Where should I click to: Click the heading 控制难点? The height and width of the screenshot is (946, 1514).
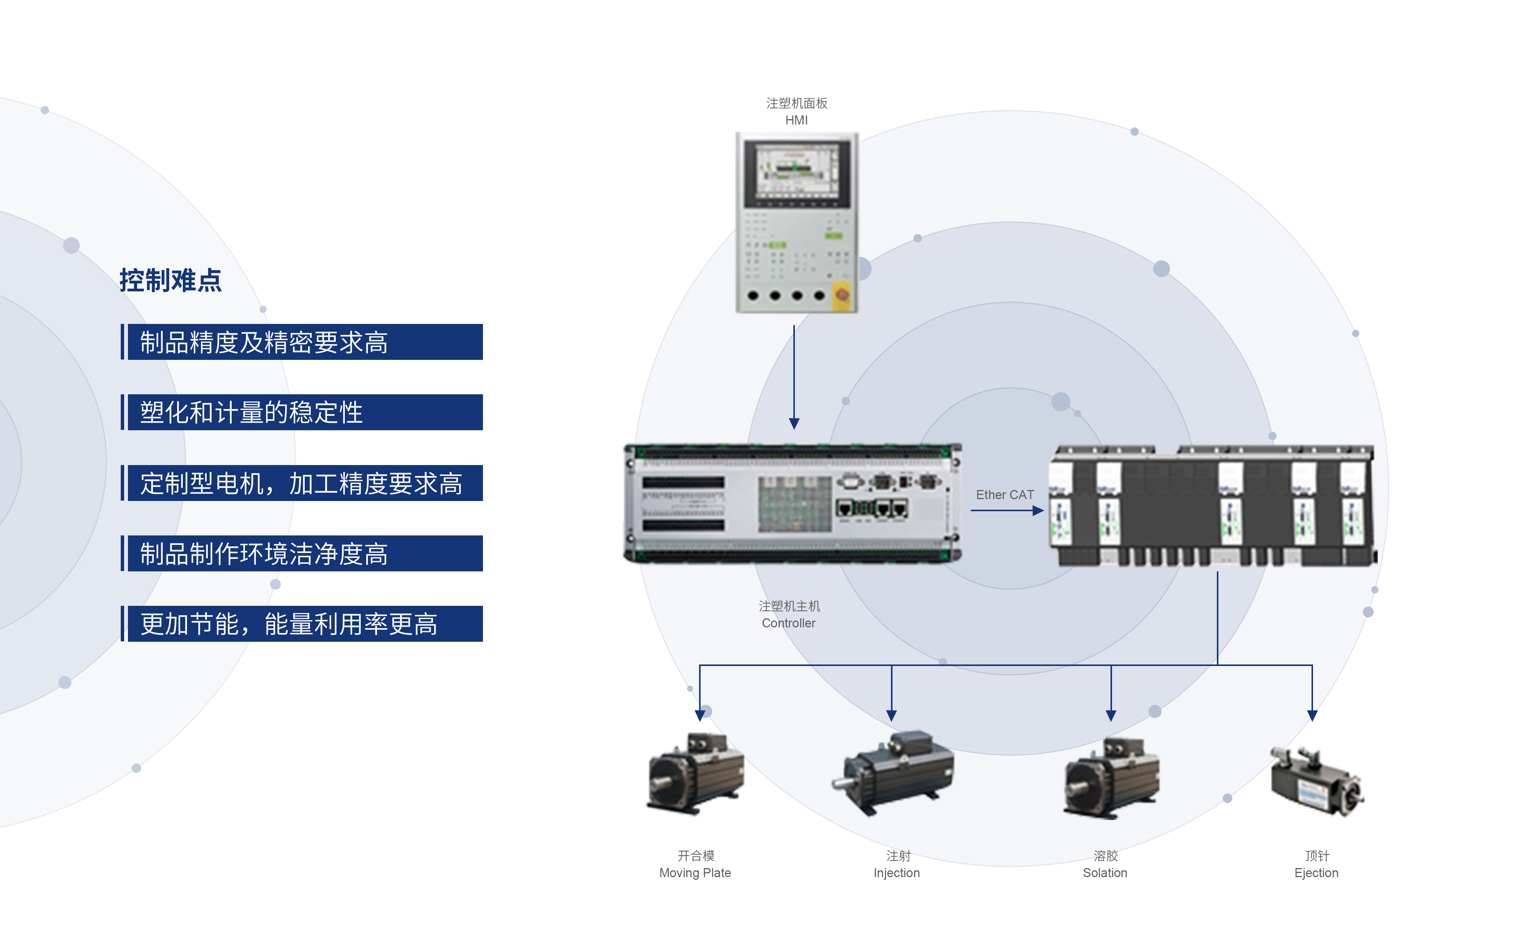click(x=170, y=280)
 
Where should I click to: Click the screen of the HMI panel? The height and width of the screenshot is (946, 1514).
click(x=796, y=170)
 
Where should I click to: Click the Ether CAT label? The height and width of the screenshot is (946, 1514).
click(x=1005, y=495)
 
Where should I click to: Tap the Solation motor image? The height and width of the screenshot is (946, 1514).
click(x=1112, y=778)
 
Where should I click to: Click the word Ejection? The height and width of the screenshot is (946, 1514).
click(x=1316, y=873)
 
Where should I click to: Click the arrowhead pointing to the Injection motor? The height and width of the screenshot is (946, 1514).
click(x=891, y=715)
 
